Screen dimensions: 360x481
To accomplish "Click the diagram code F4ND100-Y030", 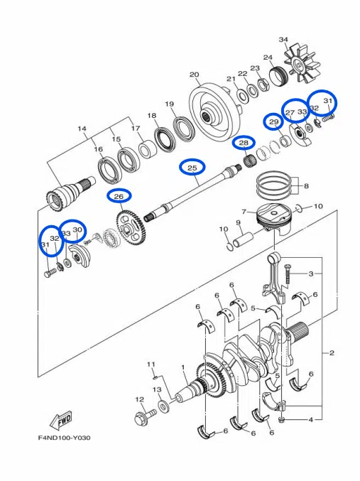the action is coord(64,438).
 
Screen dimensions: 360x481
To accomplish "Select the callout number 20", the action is coord(194,75).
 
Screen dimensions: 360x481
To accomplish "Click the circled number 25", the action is coord(192,168).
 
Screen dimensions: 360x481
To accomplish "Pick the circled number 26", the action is coord(119,196).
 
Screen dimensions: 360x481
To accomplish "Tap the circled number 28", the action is coord(244,143).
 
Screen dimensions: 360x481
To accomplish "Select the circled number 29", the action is coord(273,122).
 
